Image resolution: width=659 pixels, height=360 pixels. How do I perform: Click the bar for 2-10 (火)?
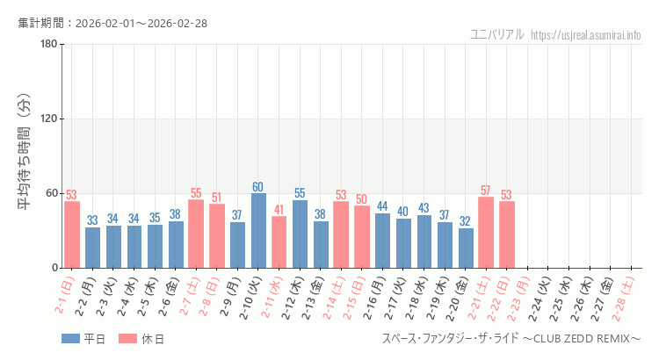(x=258, y=230)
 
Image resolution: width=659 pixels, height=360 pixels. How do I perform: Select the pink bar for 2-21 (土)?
(x=486, y=232)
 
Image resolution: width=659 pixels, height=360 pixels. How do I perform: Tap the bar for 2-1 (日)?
(x=72, y=234)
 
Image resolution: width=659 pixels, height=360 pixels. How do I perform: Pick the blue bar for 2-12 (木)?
(x=300, y=234)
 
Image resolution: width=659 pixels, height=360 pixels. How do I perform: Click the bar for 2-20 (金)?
(x=466, y=248)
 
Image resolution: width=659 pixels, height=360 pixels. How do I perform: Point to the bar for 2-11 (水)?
(x=279, y=241)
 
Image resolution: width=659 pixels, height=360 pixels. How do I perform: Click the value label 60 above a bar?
(x=258, y=187)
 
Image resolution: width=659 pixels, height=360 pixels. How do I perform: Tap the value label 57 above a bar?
(x=486, y=191)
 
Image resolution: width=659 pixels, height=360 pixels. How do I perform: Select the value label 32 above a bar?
(x=466, y=221)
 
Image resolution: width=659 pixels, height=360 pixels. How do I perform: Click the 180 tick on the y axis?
(x=48, y=45)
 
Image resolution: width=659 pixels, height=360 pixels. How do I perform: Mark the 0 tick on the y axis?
(x=54, y=268)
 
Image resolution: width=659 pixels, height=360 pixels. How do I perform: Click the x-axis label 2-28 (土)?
(x=627, y=294)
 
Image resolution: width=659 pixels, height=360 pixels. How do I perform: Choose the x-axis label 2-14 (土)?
(x=337, y=294)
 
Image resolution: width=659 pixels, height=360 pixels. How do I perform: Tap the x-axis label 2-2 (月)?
(x=89, y=294)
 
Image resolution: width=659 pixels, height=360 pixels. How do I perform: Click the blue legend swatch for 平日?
(x=70, y=339)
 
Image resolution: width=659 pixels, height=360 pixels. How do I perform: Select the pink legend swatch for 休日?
(x=128, y=339)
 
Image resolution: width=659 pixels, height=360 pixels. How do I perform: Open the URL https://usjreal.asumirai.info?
(x=587, y=35)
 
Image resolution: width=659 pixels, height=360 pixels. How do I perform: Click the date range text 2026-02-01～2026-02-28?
(x=141, y=23)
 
